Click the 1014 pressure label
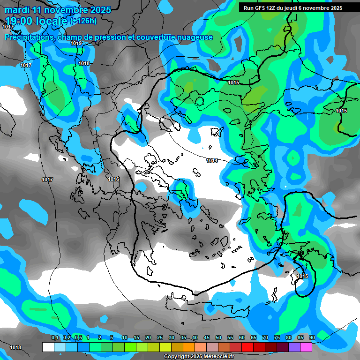(212, 161)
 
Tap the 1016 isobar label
(113, 180)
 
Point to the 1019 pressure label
(76, 43)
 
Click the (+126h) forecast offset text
(83, 21)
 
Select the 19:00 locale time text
(36, 21)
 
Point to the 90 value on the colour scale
(312, 338)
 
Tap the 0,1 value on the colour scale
(55, 338)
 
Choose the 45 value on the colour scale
(207, 338)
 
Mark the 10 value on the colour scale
(125, 338)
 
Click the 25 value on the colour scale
(160, 338)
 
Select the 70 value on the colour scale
(265, 338)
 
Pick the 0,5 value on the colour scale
(78, 338)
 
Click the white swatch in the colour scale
(48, 347)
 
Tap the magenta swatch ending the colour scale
(306, 347)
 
